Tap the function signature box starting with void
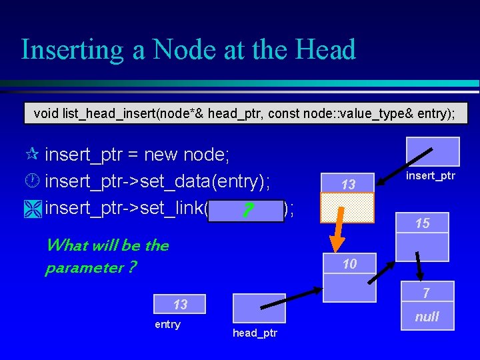(245, 113)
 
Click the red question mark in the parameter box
(247, 211)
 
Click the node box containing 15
(423, 223)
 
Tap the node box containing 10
(349, 264)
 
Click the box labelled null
(426, 317)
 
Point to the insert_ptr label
(430, 175)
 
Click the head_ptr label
(256, 333)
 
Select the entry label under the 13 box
(167, 325)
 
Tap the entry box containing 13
(180, 305)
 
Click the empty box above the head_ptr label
(259, 309)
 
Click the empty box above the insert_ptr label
(434, 151)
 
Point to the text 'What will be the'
(107, 245)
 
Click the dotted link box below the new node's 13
(348, 207)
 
